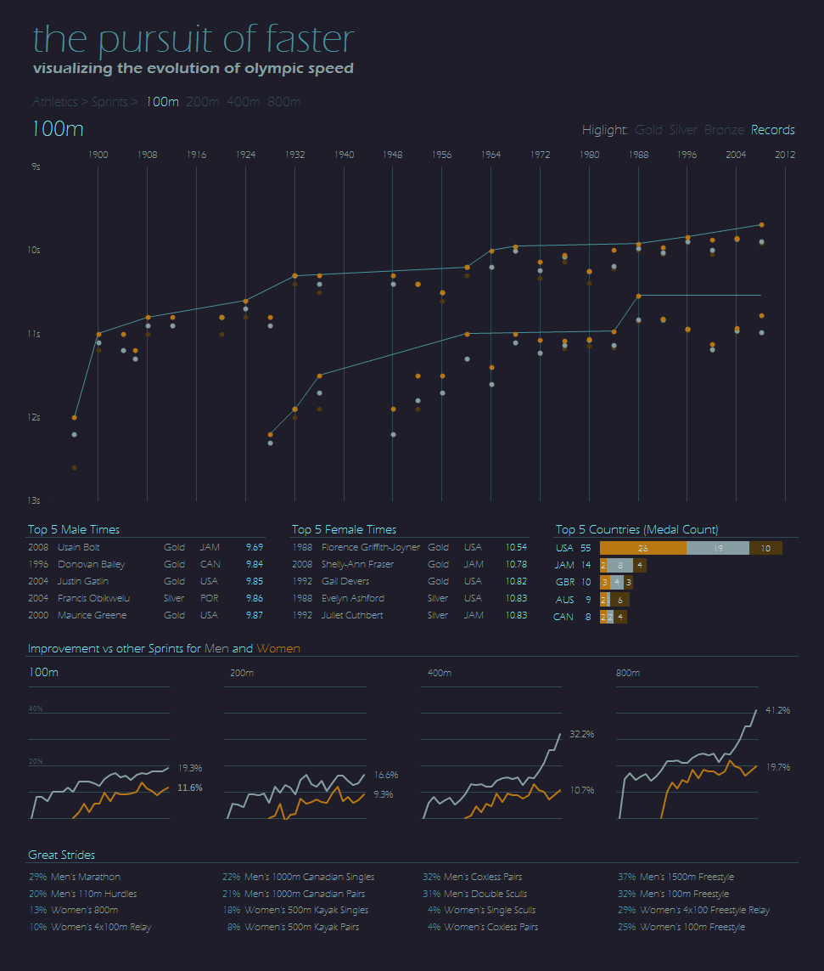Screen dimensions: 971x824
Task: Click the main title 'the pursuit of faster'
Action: (193, 40)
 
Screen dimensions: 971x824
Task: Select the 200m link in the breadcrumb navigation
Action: (202, 102)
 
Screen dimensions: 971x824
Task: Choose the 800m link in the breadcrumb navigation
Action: (283, 102)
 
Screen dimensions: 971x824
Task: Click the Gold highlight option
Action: (648, 130)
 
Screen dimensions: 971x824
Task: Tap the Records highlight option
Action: (772, 130)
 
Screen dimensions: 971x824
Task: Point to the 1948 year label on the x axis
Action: (392, 155)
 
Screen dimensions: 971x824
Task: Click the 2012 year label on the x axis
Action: (785, 155)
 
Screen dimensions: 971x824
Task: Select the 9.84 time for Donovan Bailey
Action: (254, 565)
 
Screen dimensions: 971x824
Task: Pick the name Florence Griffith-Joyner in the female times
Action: (371, 548)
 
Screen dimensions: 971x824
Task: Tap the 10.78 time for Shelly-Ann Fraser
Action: (516, 565)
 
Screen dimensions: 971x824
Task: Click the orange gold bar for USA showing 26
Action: (642, 549)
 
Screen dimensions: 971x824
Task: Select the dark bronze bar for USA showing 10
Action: (765, 549)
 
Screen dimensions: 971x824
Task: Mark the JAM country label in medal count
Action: (564, 565)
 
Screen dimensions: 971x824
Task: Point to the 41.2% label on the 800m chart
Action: (777, 709)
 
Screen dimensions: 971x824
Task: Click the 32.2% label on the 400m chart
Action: (581, 733)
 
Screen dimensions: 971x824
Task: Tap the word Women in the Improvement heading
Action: (278, 649)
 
